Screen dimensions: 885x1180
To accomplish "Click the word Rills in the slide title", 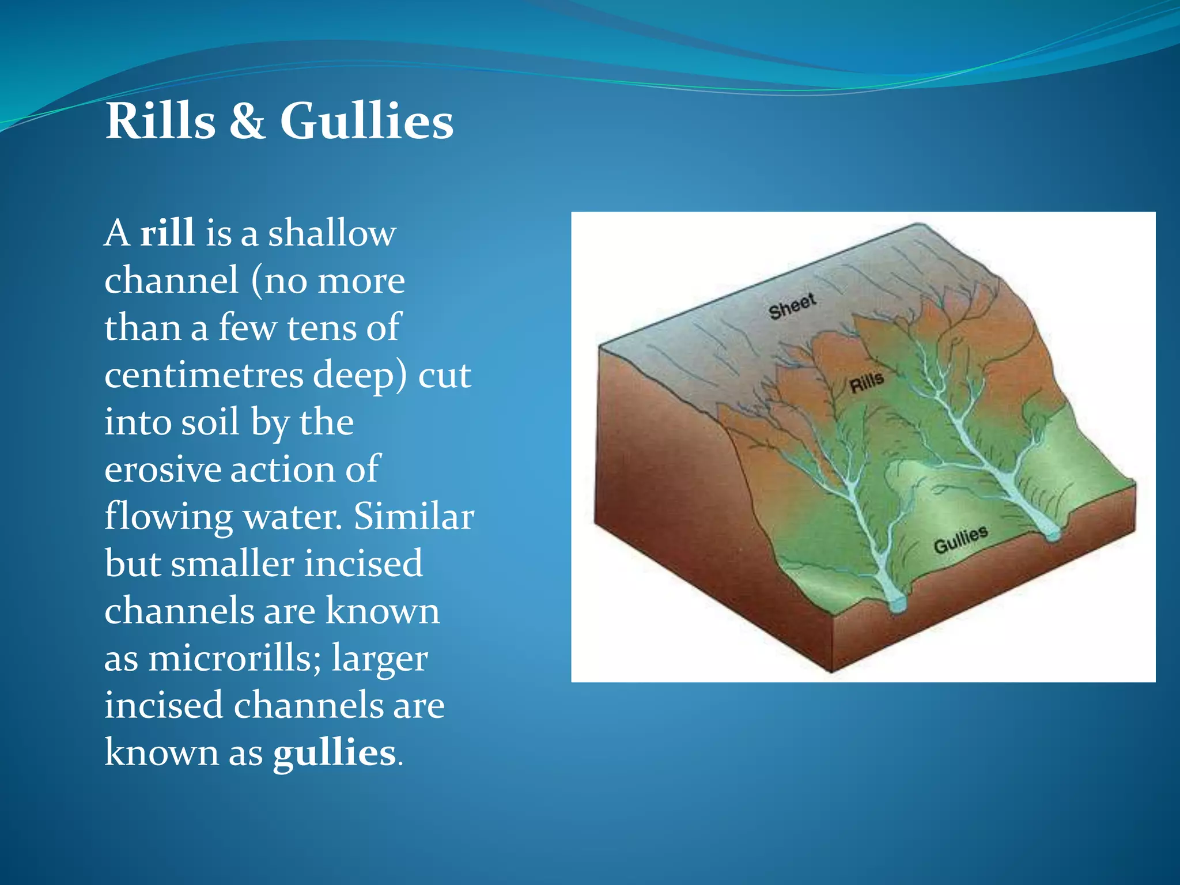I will point(160,121).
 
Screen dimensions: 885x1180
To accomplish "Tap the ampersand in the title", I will point(248,121).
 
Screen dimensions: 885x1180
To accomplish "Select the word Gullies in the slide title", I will point(366,121).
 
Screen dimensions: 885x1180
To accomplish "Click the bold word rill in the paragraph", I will point(167,233).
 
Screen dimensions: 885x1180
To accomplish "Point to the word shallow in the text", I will point(332,233).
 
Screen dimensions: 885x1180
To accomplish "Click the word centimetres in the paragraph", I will point(203,375).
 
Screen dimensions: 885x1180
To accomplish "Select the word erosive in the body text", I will point(162,469).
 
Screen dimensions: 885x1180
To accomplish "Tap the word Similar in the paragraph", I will point(414,516).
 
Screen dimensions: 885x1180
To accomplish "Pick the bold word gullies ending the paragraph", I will point(335,752).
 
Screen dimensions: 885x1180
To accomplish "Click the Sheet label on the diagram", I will point(792,306).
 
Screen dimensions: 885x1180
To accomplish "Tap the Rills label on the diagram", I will point(867,383).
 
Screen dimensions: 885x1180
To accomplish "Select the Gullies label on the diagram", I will point(960,539).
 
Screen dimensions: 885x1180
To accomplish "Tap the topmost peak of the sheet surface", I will point(918,225).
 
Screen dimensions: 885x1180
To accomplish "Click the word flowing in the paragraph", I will point(168,516).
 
